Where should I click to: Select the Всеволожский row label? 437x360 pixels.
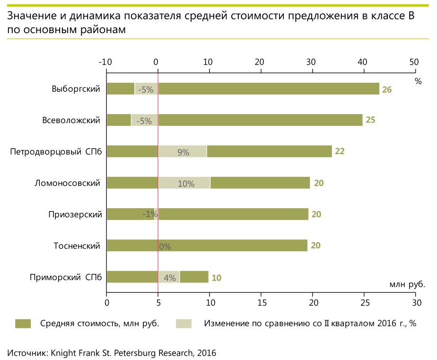[x=71, y=120]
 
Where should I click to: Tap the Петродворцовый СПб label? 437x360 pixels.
[x=56, y=152]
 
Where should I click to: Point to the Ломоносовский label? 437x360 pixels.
[x=68, y=183]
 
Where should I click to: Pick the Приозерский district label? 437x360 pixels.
[x=75, y=214]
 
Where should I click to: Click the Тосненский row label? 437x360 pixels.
[x=77, y=246]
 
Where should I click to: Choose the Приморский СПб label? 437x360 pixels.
[x=66, y=277]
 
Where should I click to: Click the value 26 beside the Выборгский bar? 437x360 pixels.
[x=387, y=89]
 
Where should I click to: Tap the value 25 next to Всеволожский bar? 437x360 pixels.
[x=370, y=120]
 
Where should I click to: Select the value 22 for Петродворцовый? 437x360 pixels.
[x=340, y=151]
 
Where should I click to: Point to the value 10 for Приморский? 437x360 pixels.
[x=216, y=278]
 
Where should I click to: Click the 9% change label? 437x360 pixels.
[x=183, y=152]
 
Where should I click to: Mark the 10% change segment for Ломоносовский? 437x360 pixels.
[x=185, y=184]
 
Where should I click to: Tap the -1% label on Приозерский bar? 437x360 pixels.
[x=150, y=214]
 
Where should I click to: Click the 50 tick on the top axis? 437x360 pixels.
[x=414, y=61]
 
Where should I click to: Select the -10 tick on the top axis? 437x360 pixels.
[x=105, y=61]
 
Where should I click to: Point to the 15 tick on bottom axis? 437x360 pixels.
[x=261, y=301]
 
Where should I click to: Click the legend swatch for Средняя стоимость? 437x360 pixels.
[x=23, y=324]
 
